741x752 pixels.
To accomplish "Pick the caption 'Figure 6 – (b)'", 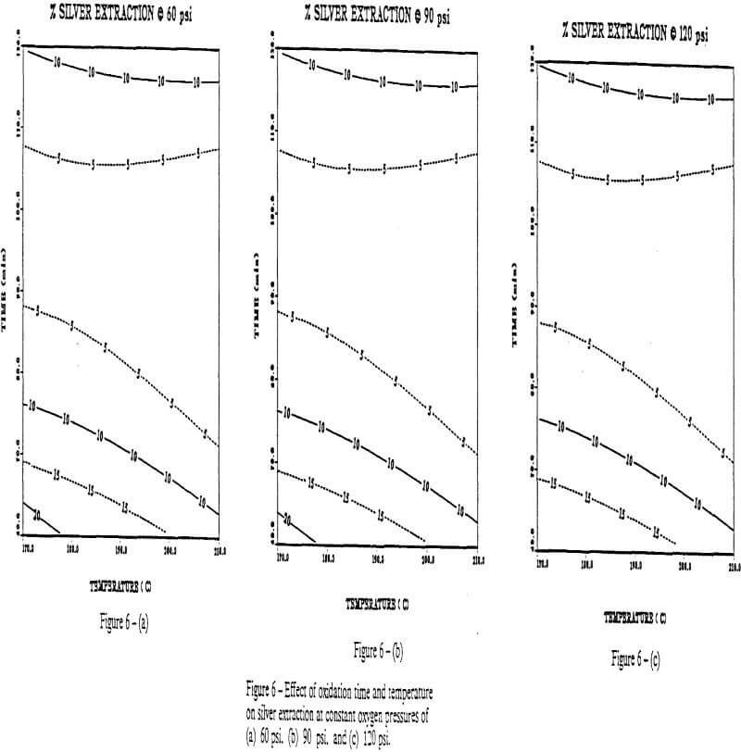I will click(377, 649).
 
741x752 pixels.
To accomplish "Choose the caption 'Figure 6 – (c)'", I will click(640, 658).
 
